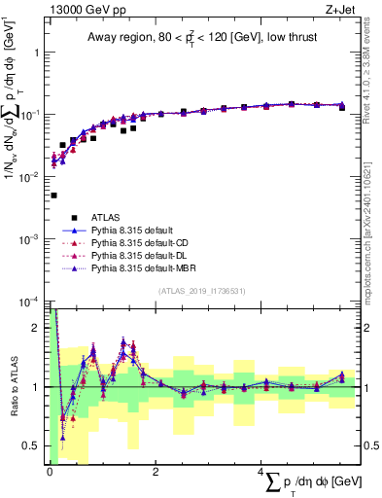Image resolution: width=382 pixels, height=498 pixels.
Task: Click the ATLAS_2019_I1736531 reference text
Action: point(201,290)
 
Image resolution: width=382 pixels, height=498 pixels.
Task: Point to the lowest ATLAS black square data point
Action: point(53,196)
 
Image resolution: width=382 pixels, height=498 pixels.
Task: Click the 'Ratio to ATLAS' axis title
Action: point(16,386)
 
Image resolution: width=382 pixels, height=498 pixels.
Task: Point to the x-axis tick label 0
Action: point(49,473)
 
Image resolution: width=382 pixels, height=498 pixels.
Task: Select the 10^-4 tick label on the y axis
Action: point(27,302)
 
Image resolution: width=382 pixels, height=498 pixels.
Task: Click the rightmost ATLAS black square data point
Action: point(341,108)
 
